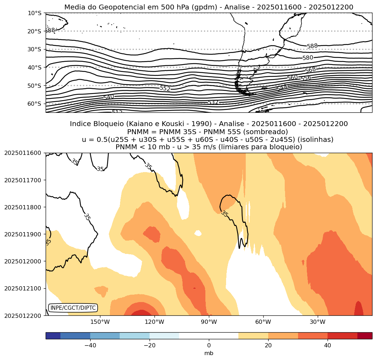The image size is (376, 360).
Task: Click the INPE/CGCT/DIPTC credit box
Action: tap(73, 308)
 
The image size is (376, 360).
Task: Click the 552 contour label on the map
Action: tap(165, 89)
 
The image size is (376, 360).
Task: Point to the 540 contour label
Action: tap(108, 97)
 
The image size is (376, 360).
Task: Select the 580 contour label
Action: tap(308, 58)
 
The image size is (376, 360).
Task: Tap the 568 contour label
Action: tap(310, 70)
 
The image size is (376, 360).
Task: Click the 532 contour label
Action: tap(213, 103)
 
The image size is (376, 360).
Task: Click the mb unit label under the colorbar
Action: tap(209, 353)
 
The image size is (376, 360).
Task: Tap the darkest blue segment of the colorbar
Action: tap(53, 336)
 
